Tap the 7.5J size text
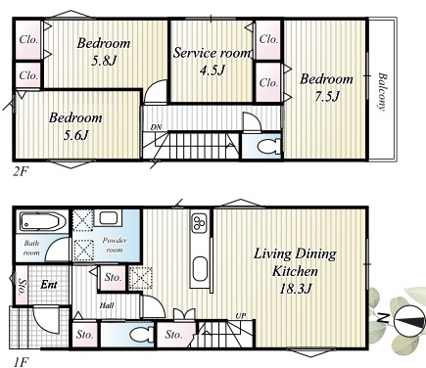327,97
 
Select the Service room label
213,53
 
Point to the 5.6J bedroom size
75,135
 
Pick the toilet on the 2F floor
268,147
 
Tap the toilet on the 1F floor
140,335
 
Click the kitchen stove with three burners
199,223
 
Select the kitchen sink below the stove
200,269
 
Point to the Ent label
49,285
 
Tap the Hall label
107,305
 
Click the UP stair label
241,316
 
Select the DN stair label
157,127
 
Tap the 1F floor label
21,362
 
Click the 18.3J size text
296,289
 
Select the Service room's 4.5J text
213,70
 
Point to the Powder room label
115,245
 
